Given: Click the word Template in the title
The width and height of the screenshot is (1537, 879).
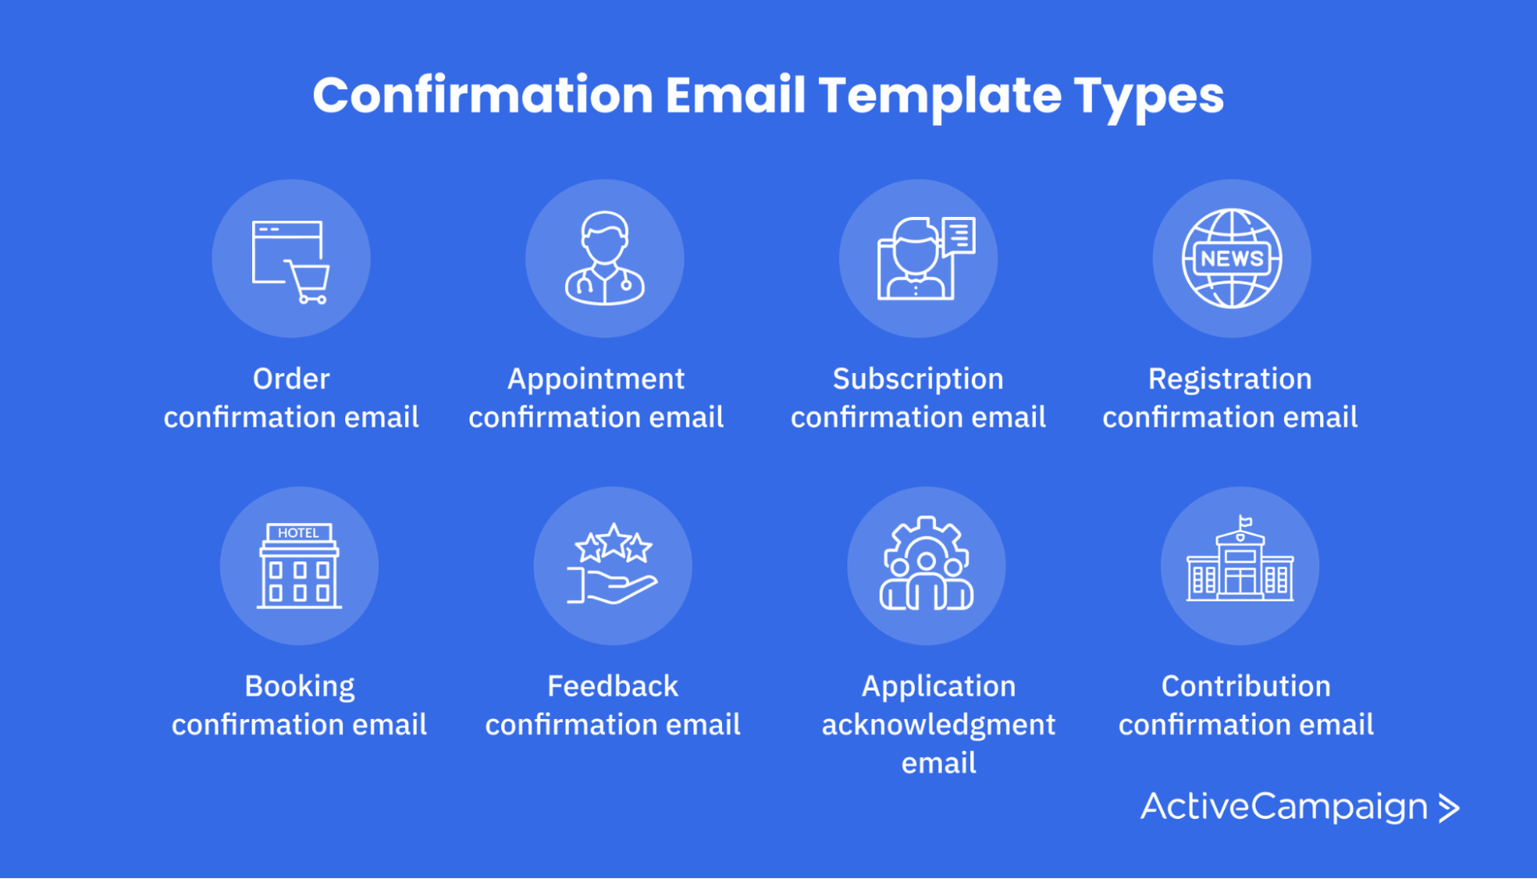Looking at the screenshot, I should coord(939,96).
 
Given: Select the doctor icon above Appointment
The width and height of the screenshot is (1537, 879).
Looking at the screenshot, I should coord(604,258).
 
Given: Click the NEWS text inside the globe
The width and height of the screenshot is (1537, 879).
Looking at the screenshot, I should coord(1232,259).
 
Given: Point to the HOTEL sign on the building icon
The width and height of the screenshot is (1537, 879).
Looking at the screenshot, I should coord(299,532).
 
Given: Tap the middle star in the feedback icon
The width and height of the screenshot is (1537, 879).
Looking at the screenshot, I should coord(613,541).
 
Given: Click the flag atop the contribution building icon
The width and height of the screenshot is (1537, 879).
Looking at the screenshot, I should coord(1245,522).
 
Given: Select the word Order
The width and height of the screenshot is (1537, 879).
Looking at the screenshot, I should coord(291,379).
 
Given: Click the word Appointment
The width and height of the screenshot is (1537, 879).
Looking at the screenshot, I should coord(596,379).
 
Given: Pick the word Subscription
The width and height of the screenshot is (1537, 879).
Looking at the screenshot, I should coord(917,379).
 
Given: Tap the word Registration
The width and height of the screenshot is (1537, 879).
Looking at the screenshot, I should coord(1230,379).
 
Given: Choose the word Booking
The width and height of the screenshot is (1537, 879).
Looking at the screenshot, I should coord(299,686).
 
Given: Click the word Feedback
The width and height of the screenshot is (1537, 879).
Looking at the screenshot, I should coord(612,686).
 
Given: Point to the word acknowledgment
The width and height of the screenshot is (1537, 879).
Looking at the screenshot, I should coord(938,724).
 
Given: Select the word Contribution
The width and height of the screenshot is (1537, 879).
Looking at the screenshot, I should coord(1246,686).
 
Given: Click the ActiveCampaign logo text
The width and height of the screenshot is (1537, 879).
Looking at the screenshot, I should coord(1284,806).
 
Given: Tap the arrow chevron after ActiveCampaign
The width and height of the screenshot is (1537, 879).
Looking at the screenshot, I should coord(1449,808).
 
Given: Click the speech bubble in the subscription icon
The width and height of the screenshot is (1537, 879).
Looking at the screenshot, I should coord(959,235).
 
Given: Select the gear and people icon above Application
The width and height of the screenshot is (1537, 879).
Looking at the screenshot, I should coord(926,564).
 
